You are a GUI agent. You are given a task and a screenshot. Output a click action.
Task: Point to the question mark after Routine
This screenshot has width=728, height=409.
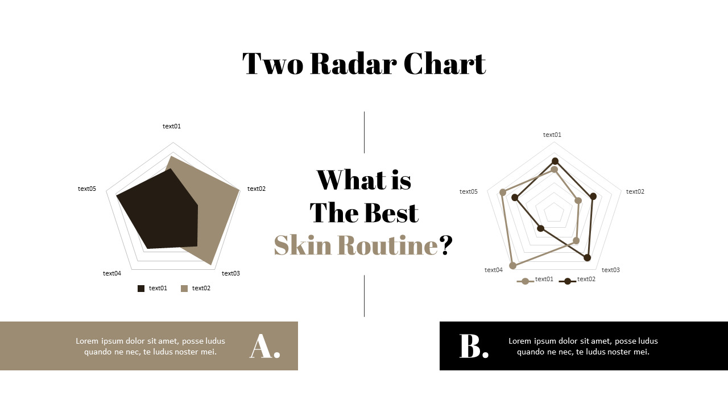(445, 245)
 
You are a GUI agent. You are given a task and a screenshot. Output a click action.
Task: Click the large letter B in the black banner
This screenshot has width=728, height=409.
(470, 346)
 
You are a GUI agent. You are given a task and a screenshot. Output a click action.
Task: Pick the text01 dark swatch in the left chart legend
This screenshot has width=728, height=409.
(141, 289)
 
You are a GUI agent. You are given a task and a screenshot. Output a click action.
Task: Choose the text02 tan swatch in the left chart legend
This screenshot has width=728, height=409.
(184, 289)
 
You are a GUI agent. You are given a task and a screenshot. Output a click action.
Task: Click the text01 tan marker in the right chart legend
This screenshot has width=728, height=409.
(525, 281)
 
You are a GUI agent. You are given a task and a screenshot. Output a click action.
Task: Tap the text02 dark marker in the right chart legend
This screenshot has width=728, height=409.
(568, 281)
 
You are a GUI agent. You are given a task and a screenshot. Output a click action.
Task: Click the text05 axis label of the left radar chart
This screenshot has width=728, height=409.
(87, 189)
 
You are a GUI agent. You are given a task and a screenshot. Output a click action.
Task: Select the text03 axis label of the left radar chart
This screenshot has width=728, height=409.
(231, 273)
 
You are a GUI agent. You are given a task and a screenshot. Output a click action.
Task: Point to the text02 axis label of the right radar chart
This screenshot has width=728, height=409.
(635, 191)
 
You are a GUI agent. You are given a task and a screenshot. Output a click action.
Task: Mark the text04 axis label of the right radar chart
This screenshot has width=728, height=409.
(493, 270)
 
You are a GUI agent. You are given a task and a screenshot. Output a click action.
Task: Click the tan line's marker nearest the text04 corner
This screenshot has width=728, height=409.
(513, 265)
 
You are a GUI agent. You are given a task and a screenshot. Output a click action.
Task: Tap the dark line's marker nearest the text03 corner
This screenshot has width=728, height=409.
(588, 258)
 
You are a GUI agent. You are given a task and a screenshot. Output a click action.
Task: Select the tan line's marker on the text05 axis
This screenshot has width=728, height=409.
(503, 193)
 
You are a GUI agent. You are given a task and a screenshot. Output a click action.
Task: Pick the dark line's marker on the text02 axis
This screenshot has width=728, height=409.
(593, 197)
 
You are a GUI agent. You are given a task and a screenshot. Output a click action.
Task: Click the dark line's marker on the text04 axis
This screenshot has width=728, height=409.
(541, 228)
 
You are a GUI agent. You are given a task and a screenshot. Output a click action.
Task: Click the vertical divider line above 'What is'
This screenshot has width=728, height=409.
(364, 132)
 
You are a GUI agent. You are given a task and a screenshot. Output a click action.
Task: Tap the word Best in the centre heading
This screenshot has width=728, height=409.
(391, 212)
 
